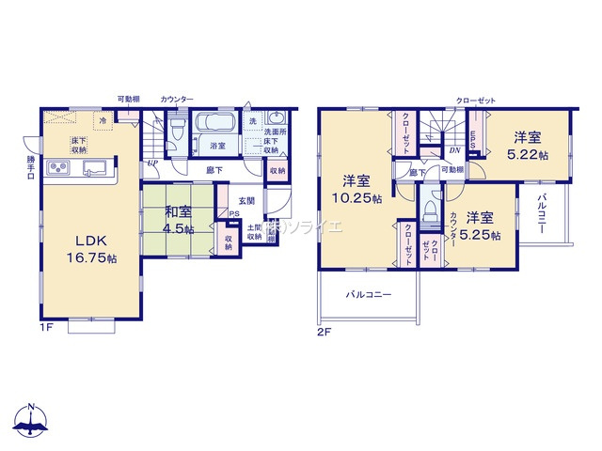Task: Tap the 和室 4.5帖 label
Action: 176,221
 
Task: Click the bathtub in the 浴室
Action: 217,125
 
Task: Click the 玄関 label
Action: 246,200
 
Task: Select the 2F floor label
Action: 325,332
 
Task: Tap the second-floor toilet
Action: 430,209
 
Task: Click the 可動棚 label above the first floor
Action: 129,99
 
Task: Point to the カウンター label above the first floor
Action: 177,99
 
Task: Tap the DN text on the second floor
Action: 454,150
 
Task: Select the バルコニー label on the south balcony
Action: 362,294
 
